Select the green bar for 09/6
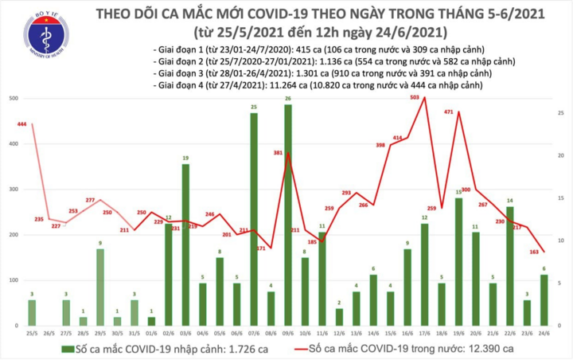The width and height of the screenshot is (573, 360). [x=287, y=215]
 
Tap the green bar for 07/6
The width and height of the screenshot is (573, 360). [x=253, y=219]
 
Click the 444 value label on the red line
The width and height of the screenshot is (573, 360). [x=22, y=124]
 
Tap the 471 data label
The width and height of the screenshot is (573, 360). [x=447, y=112]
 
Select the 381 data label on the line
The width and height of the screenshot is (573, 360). [x=279, y=152]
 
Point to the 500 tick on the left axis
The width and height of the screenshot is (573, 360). [x=13, y=99]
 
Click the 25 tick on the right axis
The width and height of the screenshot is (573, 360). [x=561, y=114]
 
